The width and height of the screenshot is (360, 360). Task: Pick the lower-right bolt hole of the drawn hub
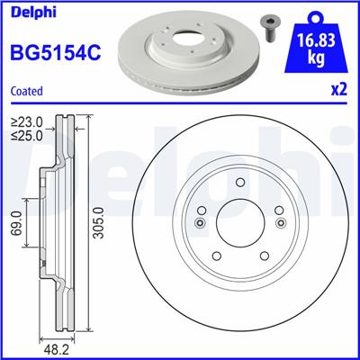[264, 255]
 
